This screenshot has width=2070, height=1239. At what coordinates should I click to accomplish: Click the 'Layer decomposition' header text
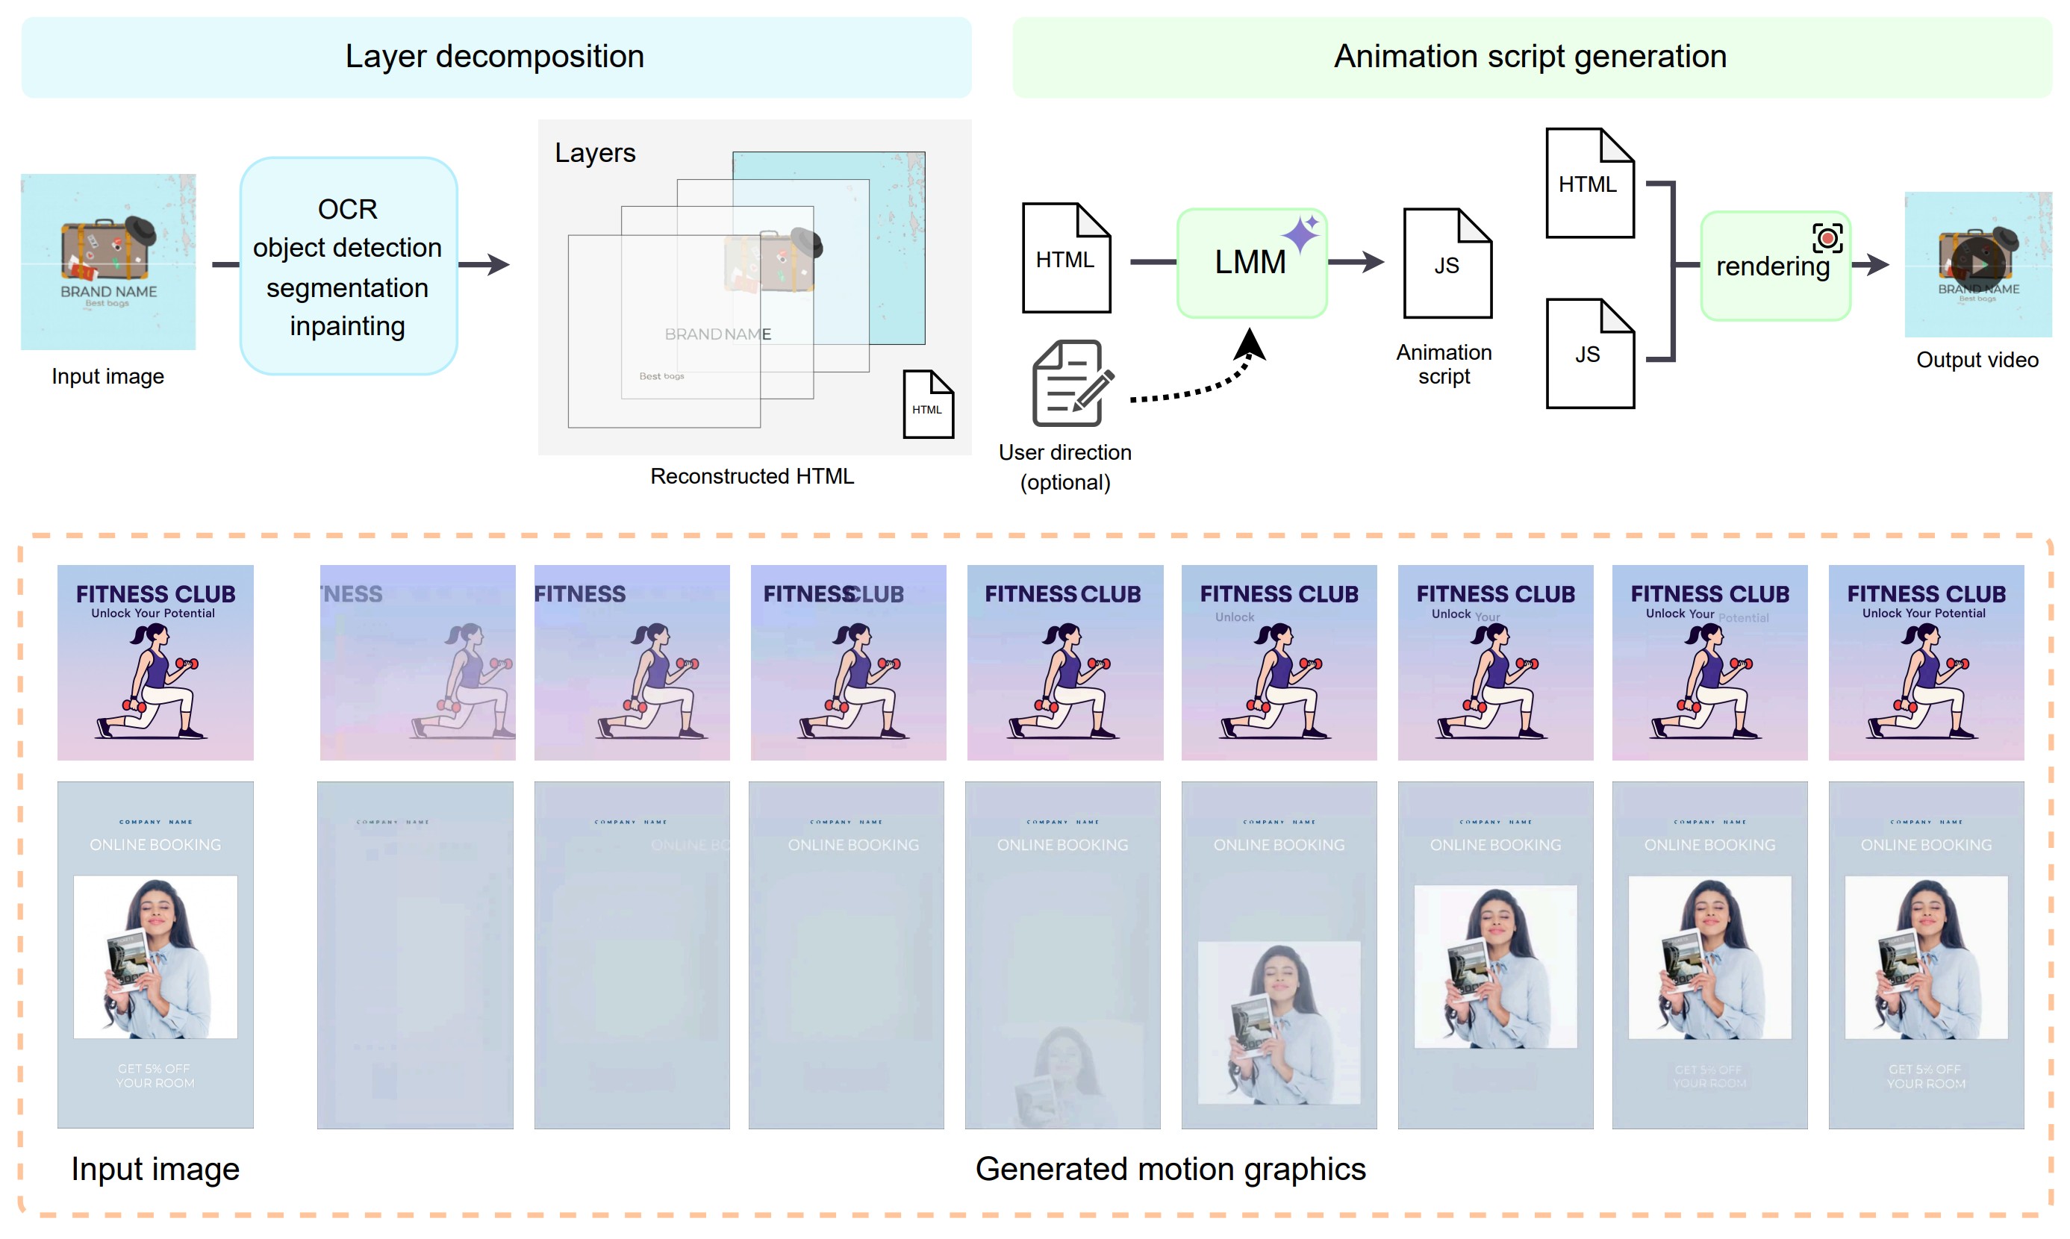coord(494,57)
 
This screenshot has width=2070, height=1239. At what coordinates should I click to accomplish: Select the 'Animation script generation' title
coord(1529,57)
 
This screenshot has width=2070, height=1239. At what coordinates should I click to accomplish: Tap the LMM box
coord(1251,263)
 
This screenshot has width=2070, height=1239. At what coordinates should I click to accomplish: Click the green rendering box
coord(1774,266)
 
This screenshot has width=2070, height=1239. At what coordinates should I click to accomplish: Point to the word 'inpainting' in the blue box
coord(347,325)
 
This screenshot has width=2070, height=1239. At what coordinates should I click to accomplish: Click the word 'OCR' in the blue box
coord(347,209)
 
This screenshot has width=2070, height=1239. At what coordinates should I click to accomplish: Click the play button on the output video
coord(1978,263)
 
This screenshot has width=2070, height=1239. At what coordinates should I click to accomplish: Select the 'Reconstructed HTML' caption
coord(752,476)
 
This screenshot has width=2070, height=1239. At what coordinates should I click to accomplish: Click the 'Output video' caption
coord(1977,360)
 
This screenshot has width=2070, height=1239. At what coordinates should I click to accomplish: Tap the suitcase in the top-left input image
coord(106,248)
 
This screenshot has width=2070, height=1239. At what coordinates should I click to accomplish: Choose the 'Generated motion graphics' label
coord(1169,1169)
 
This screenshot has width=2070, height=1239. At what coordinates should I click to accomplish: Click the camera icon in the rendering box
coord(1827,238)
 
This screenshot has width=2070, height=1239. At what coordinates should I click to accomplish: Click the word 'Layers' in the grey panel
coord(594,153)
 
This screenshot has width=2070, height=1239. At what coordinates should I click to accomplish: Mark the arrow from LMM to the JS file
coord(1354,262)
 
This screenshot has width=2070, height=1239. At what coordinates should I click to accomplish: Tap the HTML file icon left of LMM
coord(1065,258)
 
